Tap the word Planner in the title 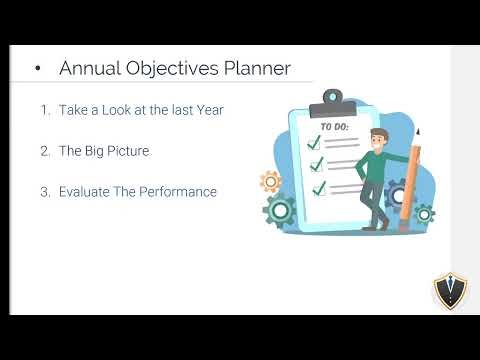point(256,68)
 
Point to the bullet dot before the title point(37,69)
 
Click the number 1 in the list point(44,110)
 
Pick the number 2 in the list point(44,151)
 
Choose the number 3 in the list point(44,191)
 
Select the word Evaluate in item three point(85,191)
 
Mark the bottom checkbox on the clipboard point(319,186)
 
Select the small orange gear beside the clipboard point(270,181)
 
